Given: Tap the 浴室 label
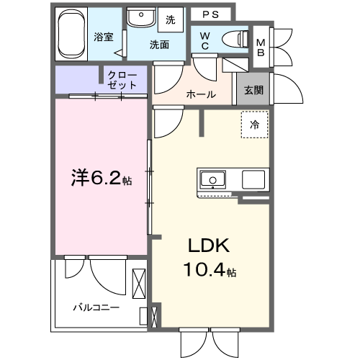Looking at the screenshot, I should (104, 37).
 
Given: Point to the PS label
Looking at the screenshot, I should (211, 14).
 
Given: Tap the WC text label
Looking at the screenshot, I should (205, 40).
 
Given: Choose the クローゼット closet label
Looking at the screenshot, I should (122, 79).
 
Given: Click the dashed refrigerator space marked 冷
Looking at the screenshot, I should (254, 125).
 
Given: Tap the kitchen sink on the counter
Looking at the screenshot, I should (214, 179).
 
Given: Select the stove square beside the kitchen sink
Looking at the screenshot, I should (255, 179).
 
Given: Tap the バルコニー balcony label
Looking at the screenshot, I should (96, 307).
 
